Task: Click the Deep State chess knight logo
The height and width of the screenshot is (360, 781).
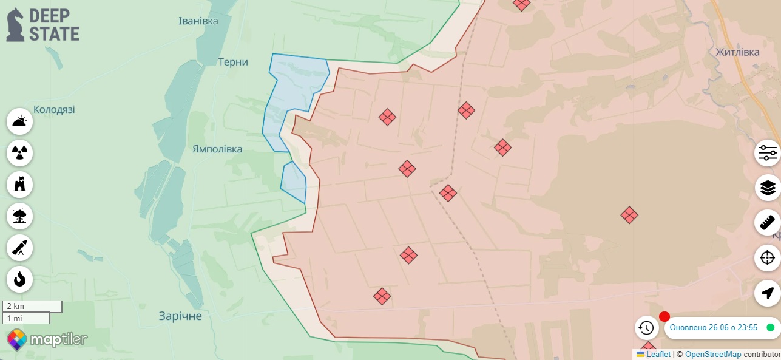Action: point(16,25)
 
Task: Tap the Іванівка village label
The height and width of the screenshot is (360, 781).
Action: point(198,21)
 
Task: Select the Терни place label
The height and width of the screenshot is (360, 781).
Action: point(234,62)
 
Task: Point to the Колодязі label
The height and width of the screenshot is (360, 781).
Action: point(54,110)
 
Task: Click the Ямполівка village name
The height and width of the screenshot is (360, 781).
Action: point(217,149)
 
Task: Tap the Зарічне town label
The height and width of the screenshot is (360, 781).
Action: point(180,316)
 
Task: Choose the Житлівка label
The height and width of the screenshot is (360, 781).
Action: point(737,52)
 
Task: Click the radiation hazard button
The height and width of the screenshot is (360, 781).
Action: point(19,153)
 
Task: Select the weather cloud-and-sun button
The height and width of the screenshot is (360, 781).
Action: point(19,121)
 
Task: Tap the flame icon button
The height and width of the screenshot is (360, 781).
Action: point(19,279)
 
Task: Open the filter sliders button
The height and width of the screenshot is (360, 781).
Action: point(768,153)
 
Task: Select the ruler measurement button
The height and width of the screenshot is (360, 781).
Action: point(768,223)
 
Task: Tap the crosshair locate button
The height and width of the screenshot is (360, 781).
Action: point(768,258)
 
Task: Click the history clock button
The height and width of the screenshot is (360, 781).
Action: point(646,328)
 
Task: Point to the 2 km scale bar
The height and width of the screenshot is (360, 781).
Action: point(32,306)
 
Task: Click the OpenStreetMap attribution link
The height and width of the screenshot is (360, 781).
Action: point(713,355)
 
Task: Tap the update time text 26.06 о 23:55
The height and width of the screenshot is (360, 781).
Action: point(714,328)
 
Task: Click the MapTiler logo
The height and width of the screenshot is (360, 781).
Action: point(47,339)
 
